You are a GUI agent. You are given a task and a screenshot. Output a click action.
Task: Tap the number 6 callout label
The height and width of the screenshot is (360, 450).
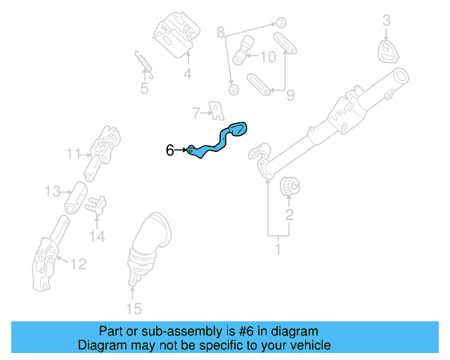169,150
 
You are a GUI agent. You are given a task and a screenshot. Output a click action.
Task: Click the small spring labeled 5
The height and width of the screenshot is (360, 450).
143,63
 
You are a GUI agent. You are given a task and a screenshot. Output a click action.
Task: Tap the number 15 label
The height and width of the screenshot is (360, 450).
133,308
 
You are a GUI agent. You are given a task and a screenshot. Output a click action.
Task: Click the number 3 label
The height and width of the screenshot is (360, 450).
386,21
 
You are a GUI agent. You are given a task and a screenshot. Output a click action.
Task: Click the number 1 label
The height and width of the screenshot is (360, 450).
277,249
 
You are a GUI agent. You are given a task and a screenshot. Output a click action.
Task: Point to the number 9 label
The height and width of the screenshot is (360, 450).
290,94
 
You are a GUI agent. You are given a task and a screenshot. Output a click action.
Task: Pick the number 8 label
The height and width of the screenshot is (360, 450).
220,32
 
